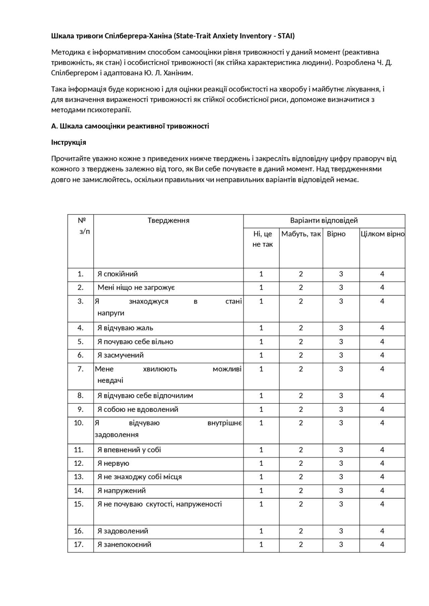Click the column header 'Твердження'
coord(168,221)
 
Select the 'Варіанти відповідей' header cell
coord(324,221)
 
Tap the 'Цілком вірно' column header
coord(382,234)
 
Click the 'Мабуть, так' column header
coord(301,234)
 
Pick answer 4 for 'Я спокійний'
coord(382,274)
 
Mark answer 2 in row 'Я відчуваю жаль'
coord(301,328)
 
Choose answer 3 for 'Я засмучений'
coord(341,355)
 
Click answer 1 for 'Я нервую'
coord(261,463)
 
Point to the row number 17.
coord(79,544)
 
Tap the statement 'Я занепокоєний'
coord(124,544)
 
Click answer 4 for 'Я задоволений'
coord(382,531)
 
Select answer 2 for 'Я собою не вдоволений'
coord(301,409)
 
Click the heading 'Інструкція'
coord(69,143)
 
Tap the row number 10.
coord(79,423)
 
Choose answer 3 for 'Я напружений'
coord(341,491)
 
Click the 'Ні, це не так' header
coord(262,239)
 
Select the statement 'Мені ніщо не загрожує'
coord(136,287)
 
